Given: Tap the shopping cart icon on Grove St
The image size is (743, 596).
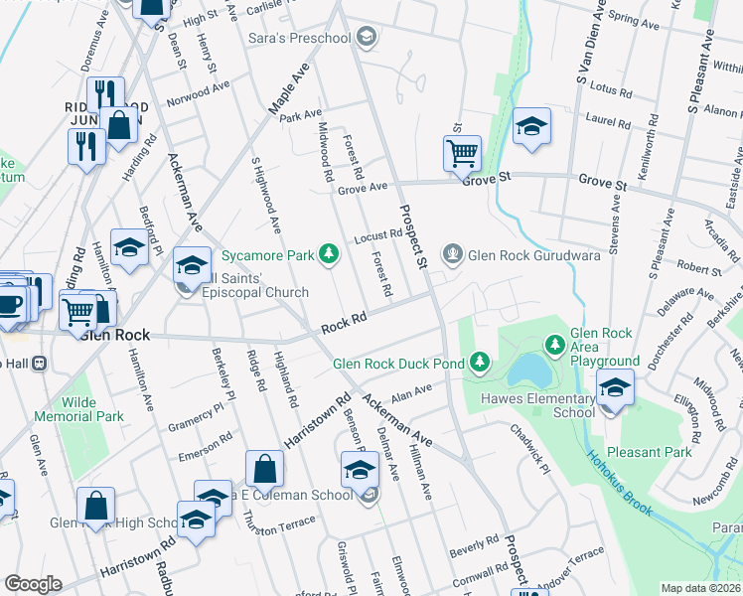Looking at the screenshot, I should (462, 154).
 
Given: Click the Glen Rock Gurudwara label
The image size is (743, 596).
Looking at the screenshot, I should (522, 253).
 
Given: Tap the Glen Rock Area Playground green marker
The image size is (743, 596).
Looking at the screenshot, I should (555, 345).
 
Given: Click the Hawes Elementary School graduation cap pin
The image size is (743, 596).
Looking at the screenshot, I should (615, 387).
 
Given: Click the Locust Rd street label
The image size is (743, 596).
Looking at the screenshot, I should (377, 236).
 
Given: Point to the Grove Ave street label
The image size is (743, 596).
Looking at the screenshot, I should (363, 188).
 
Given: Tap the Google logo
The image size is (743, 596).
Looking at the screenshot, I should (33, 584).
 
